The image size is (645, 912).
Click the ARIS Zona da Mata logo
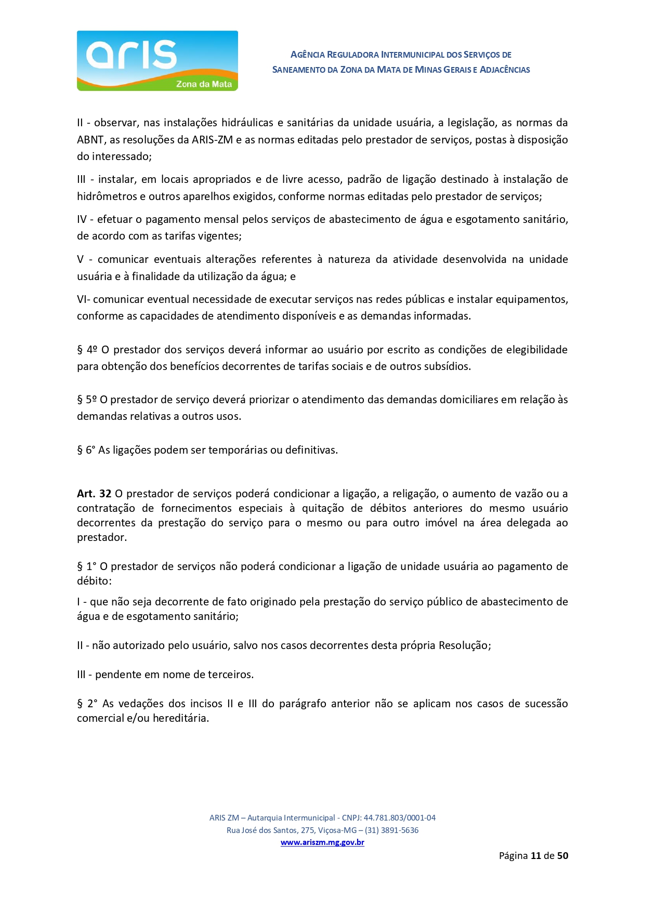(x=157, y=61)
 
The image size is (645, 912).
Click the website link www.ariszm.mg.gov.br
(x=322, y=842)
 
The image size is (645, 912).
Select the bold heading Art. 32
(x=94, y=494)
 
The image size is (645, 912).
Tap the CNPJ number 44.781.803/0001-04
(x=399, y=817)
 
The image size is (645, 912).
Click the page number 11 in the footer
(x=536, y=855)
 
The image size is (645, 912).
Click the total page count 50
(x=562, y=855)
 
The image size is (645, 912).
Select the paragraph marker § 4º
(x=87, y=350)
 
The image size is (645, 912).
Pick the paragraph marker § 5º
(x=87, y=400)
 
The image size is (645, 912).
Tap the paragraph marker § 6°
(x=86, y=450)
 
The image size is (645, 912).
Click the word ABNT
(x=90, y=140)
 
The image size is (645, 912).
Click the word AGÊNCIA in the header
(x=308, y=55)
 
